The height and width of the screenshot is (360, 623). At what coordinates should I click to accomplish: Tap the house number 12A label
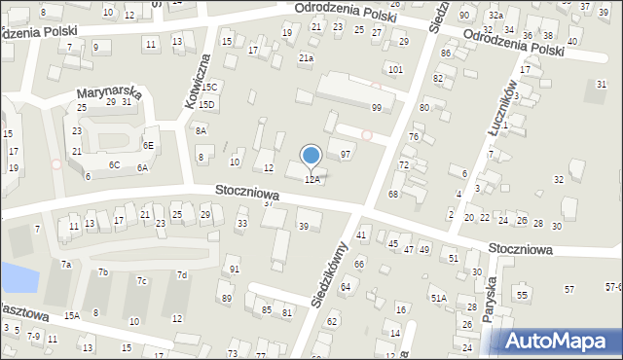point(312,180)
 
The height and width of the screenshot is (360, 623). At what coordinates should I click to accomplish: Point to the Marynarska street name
point(110,93)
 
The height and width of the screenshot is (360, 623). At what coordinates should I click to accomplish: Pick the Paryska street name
point(493,292)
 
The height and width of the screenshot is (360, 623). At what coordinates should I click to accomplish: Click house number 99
point(376,107)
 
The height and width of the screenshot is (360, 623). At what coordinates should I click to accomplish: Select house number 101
point(394,70)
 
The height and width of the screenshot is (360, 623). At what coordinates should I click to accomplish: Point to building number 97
point(345,155)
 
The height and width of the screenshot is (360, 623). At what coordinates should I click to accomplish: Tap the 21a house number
point(306,58)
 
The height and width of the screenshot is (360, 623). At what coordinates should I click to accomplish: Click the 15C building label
point(211,88)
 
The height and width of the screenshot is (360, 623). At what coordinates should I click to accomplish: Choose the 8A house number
point(201,130)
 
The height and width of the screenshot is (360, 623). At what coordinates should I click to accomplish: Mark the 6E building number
point(148,145)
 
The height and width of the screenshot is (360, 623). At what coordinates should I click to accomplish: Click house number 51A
point(439,299)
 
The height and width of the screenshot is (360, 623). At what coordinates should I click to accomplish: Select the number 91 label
point(234,269)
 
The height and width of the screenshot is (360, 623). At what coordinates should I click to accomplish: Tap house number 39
point(304,227)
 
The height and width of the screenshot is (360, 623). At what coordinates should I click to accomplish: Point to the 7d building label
point(181,275)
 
